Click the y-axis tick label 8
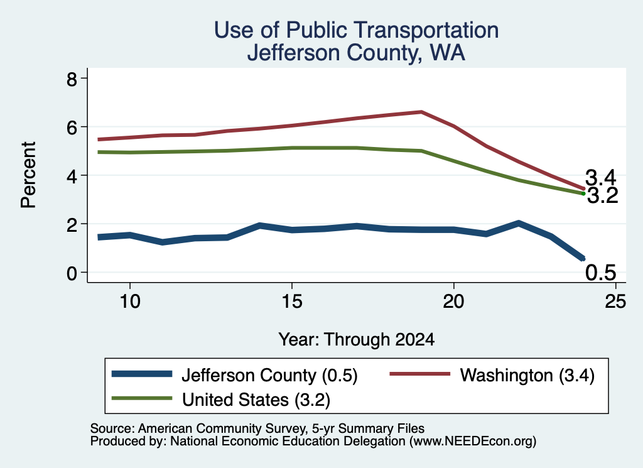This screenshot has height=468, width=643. pos(72,79)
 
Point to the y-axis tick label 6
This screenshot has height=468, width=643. pos(72,128)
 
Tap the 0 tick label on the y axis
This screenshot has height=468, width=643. pos(72,273)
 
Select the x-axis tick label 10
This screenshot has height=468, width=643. pos(130,302)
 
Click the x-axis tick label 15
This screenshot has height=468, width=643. pos(291,302)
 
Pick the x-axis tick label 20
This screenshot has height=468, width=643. pos(453,302)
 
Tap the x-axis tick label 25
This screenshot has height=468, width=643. pos(615,302)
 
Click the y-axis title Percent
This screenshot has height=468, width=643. pos(28,175)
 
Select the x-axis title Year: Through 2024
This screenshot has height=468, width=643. pos(357,340)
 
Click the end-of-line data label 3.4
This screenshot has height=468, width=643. pos(601,178)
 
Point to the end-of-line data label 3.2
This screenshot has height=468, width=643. pos(602,195)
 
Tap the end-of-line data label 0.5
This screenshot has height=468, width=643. pos(601,273)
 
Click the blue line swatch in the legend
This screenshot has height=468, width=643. pos(142,374)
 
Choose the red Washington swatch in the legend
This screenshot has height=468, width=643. pos(420,374)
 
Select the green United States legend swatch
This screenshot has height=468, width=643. pos(142,398)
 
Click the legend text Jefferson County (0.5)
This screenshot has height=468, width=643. pos(270,375)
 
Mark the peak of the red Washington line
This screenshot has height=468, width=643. pos(421,112)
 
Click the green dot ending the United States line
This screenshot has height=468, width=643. pos(583,193)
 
